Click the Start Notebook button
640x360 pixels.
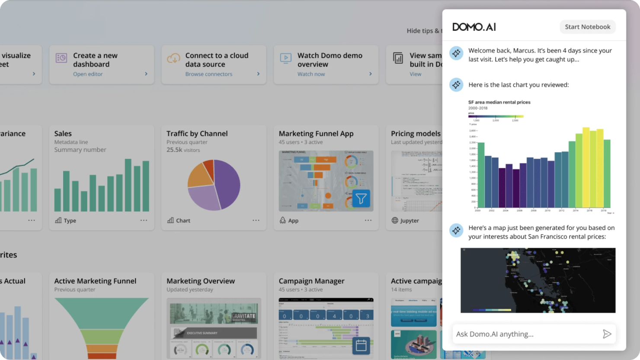point(587,27)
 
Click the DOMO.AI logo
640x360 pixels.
point(474,27)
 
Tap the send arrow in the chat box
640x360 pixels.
point(607,334)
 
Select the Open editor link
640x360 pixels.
point(88,74)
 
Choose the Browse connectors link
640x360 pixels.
point(209,74)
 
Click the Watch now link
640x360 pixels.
point(311,74)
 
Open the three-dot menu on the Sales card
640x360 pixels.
point(144,220)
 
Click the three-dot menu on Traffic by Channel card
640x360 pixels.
point(256,220)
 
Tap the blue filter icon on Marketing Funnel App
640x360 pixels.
point(361,199)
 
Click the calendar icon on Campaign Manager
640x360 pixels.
point(361,345)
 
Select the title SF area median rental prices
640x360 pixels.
point(499,102)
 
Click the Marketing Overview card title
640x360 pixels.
point(201,281)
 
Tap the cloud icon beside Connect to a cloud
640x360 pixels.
point(173,58)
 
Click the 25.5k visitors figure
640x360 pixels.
point(183,150)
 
